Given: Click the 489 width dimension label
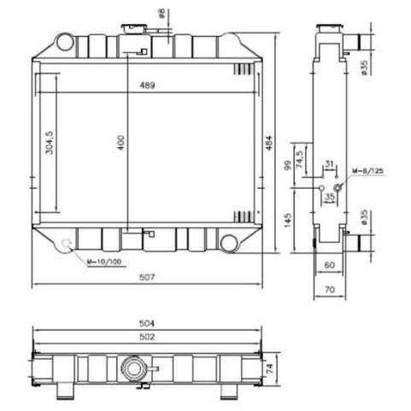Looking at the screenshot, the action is (x=147, y=85).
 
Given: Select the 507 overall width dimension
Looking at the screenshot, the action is (x=147, y=277).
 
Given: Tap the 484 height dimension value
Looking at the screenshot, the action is (x=269, y=142).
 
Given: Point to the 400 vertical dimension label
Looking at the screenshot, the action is (x=121, y=143).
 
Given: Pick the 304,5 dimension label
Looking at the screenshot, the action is (x=50, y=143).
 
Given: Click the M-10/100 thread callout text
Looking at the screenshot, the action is (x=104, y=261).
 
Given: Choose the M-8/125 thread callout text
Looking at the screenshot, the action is (x=368, y=171).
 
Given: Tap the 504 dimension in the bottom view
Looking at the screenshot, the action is (x=147, y=323).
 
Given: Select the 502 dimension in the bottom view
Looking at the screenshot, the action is (x=147, y=337).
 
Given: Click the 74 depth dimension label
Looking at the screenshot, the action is (x=269, y=368).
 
